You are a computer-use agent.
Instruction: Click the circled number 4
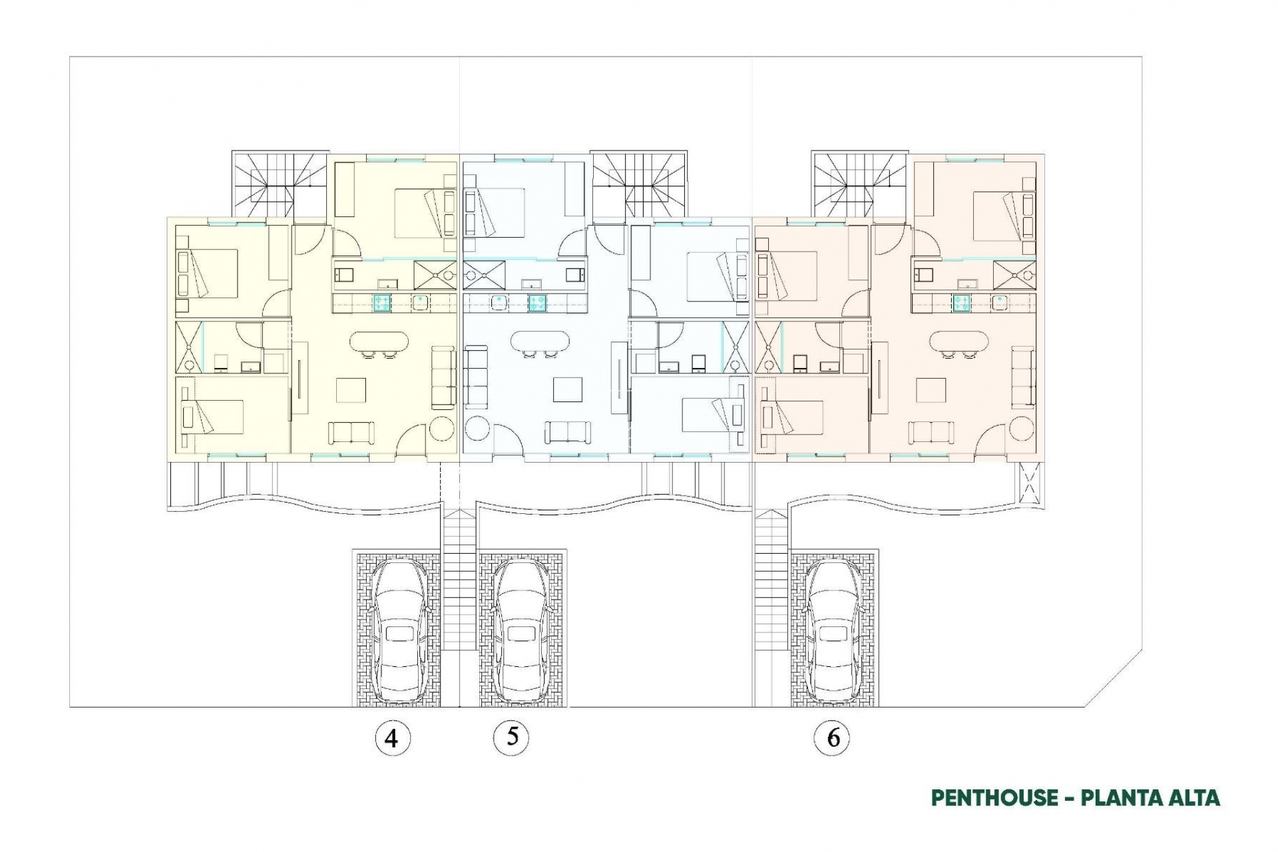[392, 738]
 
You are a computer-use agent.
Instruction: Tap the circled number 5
[512, 737]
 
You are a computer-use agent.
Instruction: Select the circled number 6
[831, 738]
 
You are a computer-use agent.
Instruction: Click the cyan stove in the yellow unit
[381, 303]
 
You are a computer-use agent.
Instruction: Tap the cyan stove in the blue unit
[537, 303]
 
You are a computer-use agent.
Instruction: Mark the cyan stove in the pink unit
[960, 303]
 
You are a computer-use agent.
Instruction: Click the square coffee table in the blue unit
[568, 389]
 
